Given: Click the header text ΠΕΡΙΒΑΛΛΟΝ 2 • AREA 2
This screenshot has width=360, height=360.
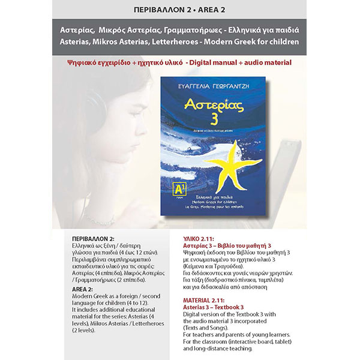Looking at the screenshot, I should coord(180,9).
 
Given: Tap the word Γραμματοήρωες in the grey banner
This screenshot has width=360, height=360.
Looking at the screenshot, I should coord(203,29).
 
